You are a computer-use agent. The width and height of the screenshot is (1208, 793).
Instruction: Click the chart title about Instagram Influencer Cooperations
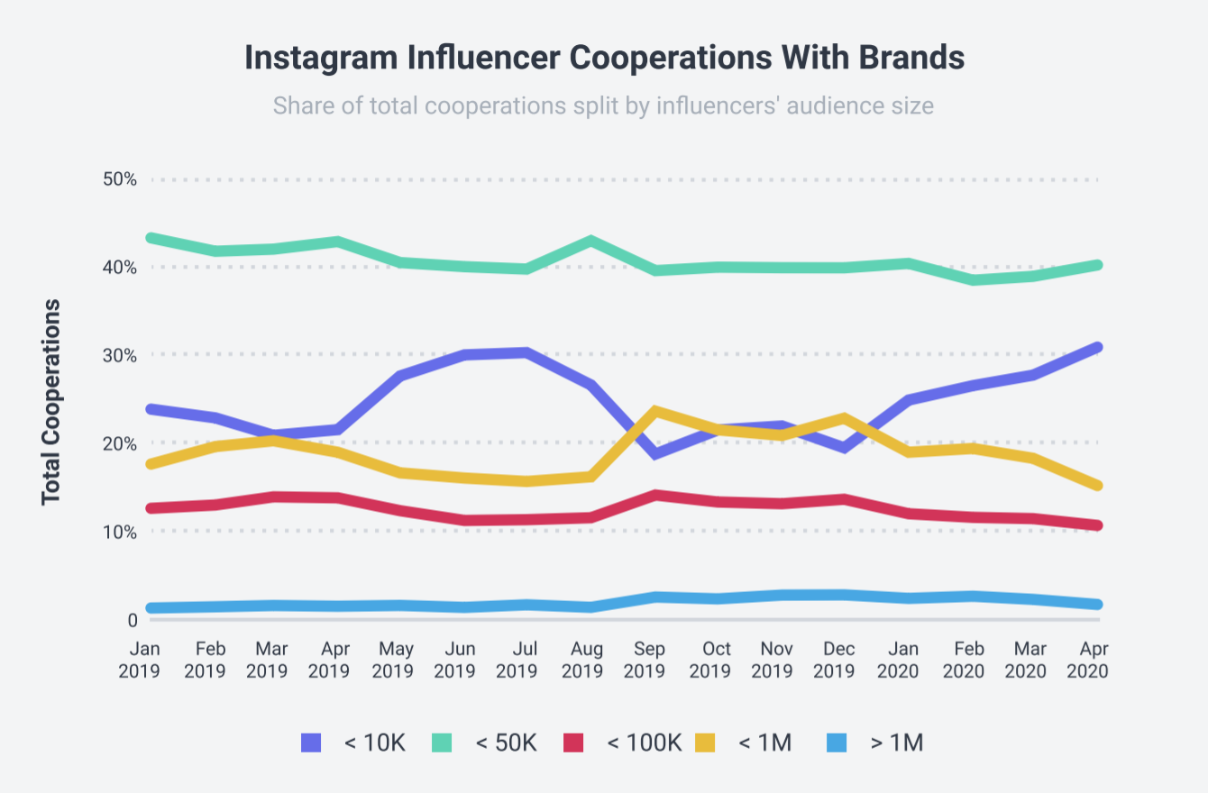[604, 58]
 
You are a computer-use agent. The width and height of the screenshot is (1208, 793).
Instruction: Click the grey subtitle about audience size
[603, 105]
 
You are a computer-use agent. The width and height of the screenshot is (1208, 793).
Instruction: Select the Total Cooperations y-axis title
[51, 401]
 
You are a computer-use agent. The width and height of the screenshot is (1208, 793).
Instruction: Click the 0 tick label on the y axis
[132, 620]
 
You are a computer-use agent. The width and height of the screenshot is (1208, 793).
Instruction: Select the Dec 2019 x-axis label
[840, 660]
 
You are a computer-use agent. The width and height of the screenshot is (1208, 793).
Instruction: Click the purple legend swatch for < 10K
[311, 743]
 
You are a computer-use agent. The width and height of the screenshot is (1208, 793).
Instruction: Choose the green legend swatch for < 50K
[441, 743]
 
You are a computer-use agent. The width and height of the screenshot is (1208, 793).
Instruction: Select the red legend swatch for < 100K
[573, 743]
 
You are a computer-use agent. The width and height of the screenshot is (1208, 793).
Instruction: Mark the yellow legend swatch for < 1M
[704, 743]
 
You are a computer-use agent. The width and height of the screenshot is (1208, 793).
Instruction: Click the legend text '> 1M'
[897, 743]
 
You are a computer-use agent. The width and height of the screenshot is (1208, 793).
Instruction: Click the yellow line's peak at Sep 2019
[654, 411]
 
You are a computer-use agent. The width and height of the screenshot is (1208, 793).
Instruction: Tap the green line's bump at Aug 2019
[590, 242]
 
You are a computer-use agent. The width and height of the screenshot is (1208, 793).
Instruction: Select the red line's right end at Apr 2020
[1097, 525]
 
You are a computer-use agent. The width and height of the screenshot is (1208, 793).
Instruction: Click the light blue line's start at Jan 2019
[150, 608]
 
